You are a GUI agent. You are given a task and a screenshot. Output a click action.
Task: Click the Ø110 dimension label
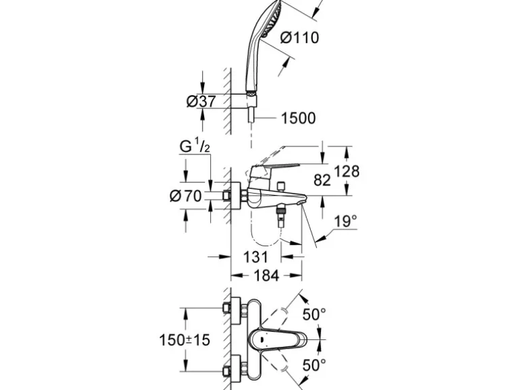(299, 37)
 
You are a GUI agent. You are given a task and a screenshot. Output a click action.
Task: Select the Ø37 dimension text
(200, 101)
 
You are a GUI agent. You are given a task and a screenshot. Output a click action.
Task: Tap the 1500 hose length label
(297, 118)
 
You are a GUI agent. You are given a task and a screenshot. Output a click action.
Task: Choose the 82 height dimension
(324, 179)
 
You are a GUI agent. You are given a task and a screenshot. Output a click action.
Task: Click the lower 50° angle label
(313, 365)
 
